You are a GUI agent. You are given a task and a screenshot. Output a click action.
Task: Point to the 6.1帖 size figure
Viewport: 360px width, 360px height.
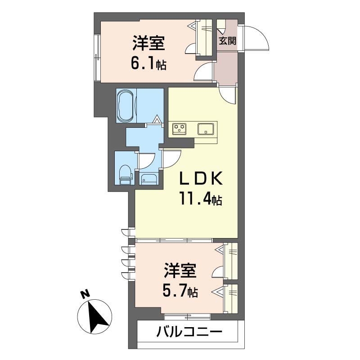pyautogui.click(x=148, y=64)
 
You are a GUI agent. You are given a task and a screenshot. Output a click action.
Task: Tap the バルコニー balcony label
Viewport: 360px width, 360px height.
pyautogui.click(x=189, y=333)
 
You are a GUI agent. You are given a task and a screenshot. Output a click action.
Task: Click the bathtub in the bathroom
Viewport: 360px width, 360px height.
pyautogui.click(x=126, y=105)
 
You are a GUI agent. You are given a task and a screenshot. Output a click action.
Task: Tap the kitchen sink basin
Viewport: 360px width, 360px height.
pyautogui.click(x=207, y=129)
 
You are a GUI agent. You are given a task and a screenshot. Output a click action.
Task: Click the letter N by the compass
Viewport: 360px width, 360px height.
pyautogui.click(x=84, y=295)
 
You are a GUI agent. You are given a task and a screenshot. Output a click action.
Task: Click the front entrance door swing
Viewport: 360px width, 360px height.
pyautogui.click(x=255, y=38)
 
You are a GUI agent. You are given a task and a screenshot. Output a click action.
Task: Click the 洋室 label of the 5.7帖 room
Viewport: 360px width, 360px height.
pyautogui.click(x=180, y=272)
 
